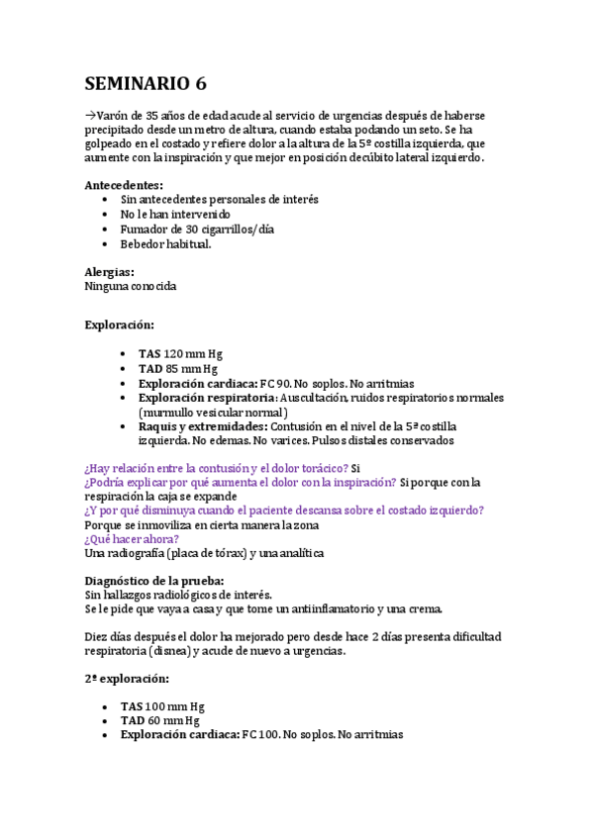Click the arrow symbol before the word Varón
pos(90,115)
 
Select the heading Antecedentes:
pos(124,185)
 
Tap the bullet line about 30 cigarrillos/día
pos(197,229)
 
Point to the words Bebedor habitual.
pos(165,243)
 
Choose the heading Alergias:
pos(110,272)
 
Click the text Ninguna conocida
pos(131,287)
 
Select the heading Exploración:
pos(119,325)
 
